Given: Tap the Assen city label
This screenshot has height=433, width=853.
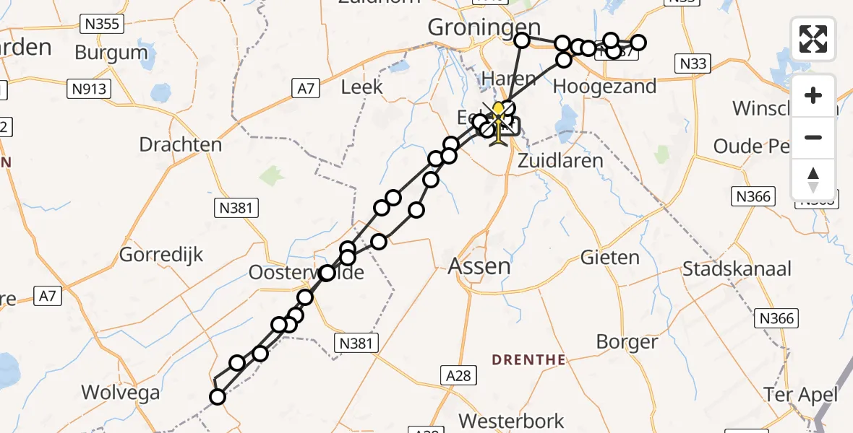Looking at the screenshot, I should [x=479, y=266].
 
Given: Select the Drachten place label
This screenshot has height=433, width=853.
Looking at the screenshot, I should [x=180, y=144].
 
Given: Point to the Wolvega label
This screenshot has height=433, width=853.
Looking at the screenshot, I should [x=120, y=393].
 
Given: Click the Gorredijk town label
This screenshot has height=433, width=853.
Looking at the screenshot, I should [x=161, y=255].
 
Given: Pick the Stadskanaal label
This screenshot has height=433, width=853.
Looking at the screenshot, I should [x=737, y=270].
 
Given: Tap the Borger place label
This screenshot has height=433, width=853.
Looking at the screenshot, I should [x=627, y=341].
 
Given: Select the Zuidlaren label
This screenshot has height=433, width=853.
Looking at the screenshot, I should [x=560, y=160].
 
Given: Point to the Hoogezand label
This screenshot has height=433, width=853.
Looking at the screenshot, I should [x=604, y=87].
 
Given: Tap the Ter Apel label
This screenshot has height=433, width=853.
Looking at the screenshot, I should [x=802, y=394].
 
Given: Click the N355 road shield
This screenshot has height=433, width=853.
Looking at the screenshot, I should [x=102, y=25].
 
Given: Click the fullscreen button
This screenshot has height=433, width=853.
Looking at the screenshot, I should [x=813, y=39].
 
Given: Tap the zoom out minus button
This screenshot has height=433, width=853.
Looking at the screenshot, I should [x=813, y=137].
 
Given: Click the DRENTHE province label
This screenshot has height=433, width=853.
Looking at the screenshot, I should [x=528, y=359].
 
